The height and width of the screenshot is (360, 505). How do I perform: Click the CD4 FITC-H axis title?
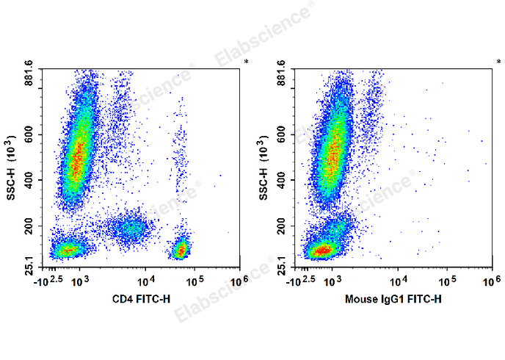pyautogui.click(x=142, y=299)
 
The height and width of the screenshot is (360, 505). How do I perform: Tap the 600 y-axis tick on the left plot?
pyautogui.click(x=33, y=134)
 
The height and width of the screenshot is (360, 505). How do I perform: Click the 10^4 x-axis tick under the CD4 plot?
pyautogui.click(x=147, y=280)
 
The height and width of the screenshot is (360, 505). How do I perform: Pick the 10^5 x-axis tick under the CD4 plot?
pyautogui.click(x=195, y=280)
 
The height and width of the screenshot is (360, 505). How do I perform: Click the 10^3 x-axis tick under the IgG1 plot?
pyautogui.click(x=333, y=280)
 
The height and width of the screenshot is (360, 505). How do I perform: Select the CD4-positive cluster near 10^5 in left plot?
pyautogui.click(x=180, y=250)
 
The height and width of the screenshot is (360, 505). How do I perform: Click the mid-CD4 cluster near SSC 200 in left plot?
pyautogui.click(x=131, y=227)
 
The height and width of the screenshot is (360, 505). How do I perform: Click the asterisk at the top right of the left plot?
pyautogui.click(x=246, y=62)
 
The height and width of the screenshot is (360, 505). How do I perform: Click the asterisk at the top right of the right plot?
pyautogui.click(x=498, y=62)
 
